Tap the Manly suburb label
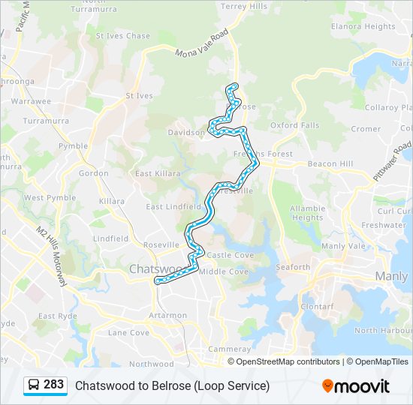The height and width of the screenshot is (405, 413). point(392,277)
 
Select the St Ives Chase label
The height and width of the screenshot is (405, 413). point(123,36)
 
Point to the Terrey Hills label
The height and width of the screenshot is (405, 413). point(244,6)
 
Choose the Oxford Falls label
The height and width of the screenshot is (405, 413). point(294,125)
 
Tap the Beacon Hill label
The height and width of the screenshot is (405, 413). point(330,163)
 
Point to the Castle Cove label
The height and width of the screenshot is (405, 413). point(231,256)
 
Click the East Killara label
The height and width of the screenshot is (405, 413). point(156,173)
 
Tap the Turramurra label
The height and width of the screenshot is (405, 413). point(46,120)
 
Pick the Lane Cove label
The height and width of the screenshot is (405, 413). point(128,332)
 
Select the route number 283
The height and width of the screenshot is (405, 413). point(54,385)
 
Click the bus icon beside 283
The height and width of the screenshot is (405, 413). point(34,385)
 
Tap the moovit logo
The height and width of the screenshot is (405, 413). point(356,386)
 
